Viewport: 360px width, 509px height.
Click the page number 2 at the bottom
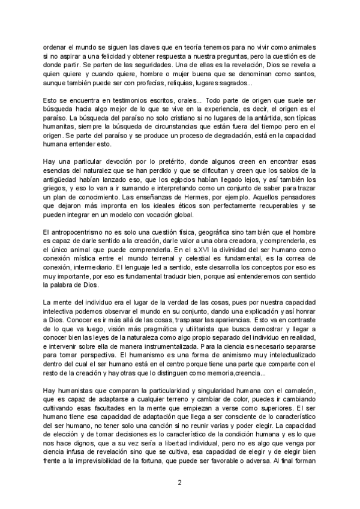click(180, 483)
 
